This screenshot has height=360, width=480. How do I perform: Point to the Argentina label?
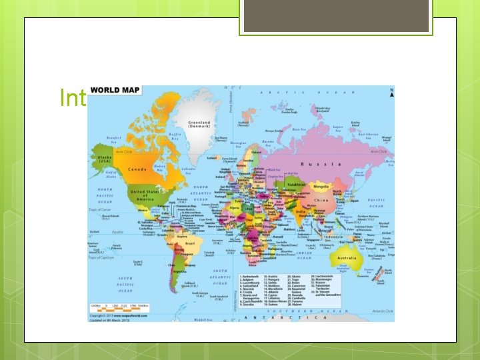(x=178, y=271)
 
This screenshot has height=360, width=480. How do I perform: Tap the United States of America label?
(x=142, y=193)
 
